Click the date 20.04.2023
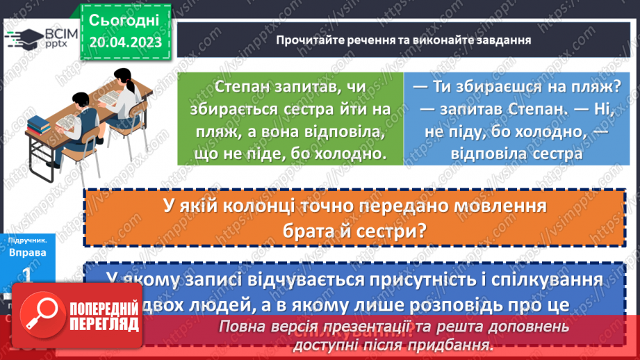coord(125,42)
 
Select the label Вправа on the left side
coord(28,252)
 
